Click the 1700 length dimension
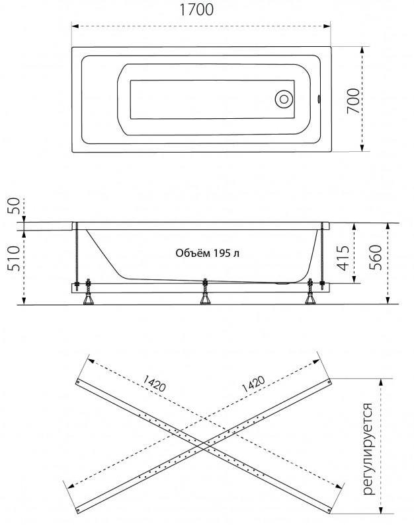tap(196, 10)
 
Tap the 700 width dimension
tap(353, 100)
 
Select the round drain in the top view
tap(284, 99)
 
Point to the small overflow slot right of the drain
tap(319, 99)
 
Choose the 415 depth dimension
tap(343, 258)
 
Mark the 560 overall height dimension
tap(376, 257)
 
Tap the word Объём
tap(192, 253)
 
